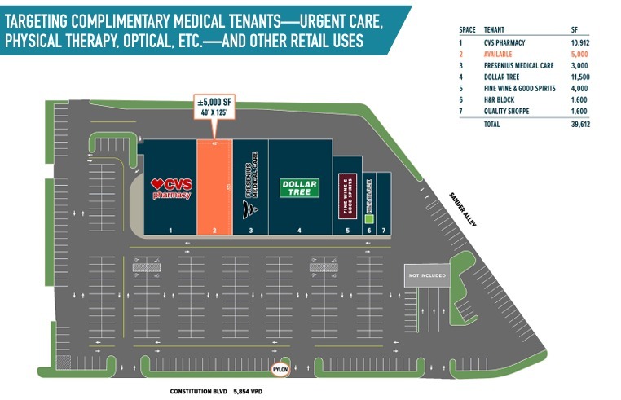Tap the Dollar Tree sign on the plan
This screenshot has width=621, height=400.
pyautogui.click(x=299, y=188)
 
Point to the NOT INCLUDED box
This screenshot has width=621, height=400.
pyautogui.click(x=427, y=275)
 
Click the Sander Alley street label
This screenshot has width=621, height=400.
pyautogui.click(x=464, y=211)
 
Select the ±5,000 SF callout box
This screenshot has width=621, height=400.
pyautogui.click(x=214, y=106)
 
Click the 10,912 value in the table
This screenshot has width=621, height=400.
pyautogui.click(x=579, y=41)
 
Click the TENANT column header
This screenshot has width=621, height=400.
pyautogui.click(x=494, y=29)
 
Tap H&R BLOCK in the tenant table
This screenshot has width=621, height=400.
pyautogui.click(x=499, y=99)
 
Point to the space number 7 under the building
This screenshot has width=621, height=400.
pyautogui.click(x=384, y=231)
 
